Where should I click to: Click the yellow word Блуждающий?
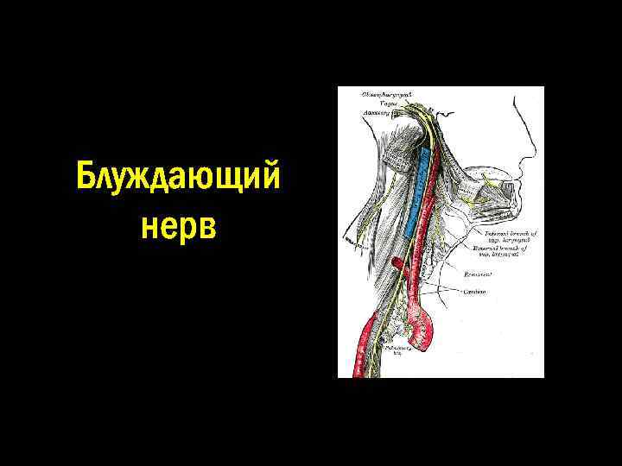[x=177, y=178]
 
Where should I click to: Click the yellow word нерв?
[x=178, y=226]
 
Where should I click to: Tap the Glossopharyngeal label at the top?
[x=385, y=92]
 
